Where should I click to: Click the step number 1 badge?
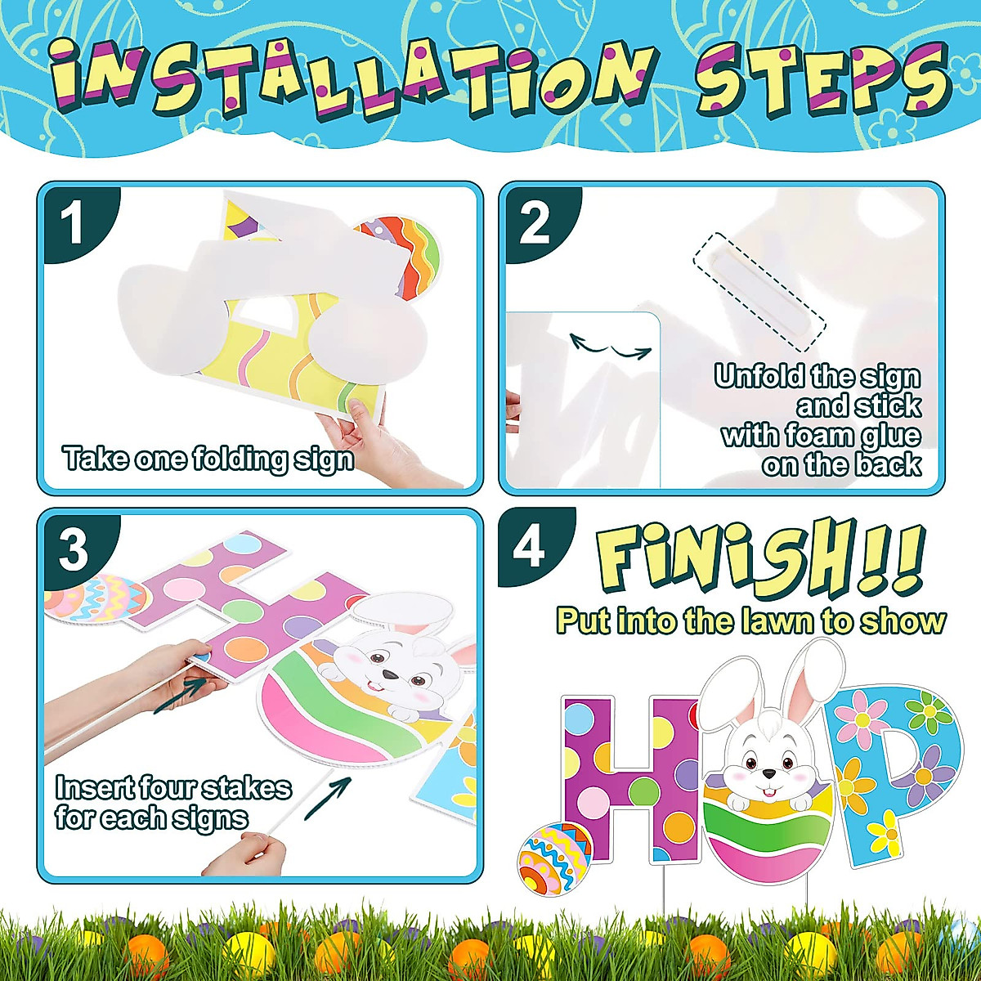(73, 224)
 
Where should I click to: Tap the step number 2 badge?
(535, 224)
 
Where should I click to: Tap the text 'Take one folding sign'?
(208, 459)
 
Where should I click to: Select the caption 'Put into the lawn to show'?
(750, 620)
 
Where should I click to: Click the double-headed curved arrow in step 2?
(610, 347)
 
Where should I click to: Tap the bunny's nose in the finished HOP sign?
(769, 773)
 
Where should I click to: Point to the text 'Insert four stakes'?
(172, 788)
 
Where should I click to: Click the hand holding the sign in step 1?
(360, 433)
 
